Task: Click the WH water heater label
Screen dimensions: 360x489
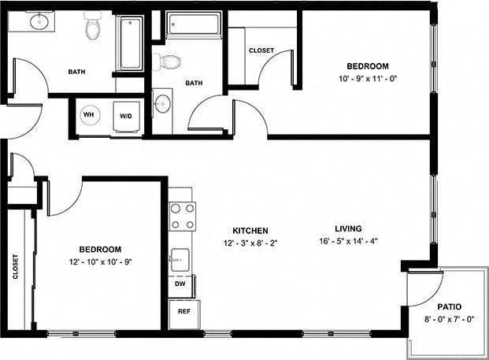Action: (88, 116)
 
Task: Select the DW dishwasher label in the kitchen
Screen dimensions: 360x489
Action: (180, 283)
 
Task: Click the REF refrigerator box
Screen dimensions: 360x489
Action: (184, 312)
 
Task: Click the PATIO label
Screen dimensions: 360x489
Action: (449, 306)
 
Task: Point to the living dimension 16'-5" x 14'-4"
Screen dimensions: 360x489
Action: (349, 241)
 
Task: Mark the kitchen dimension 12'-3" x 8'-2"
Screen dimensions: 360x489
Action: (250, 243)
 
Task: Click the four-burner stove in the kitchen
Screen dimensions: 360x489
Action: (183, 215)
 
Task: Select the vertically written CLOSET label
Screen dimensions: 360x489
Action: (16, 266)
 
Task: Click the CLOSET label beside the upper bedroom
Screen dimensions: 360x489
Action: (261, 50)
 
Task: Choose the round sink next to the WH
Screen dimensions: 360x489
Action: (162, 103)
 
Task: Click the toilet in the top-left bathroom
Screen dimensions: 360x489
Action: (94, 28)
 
